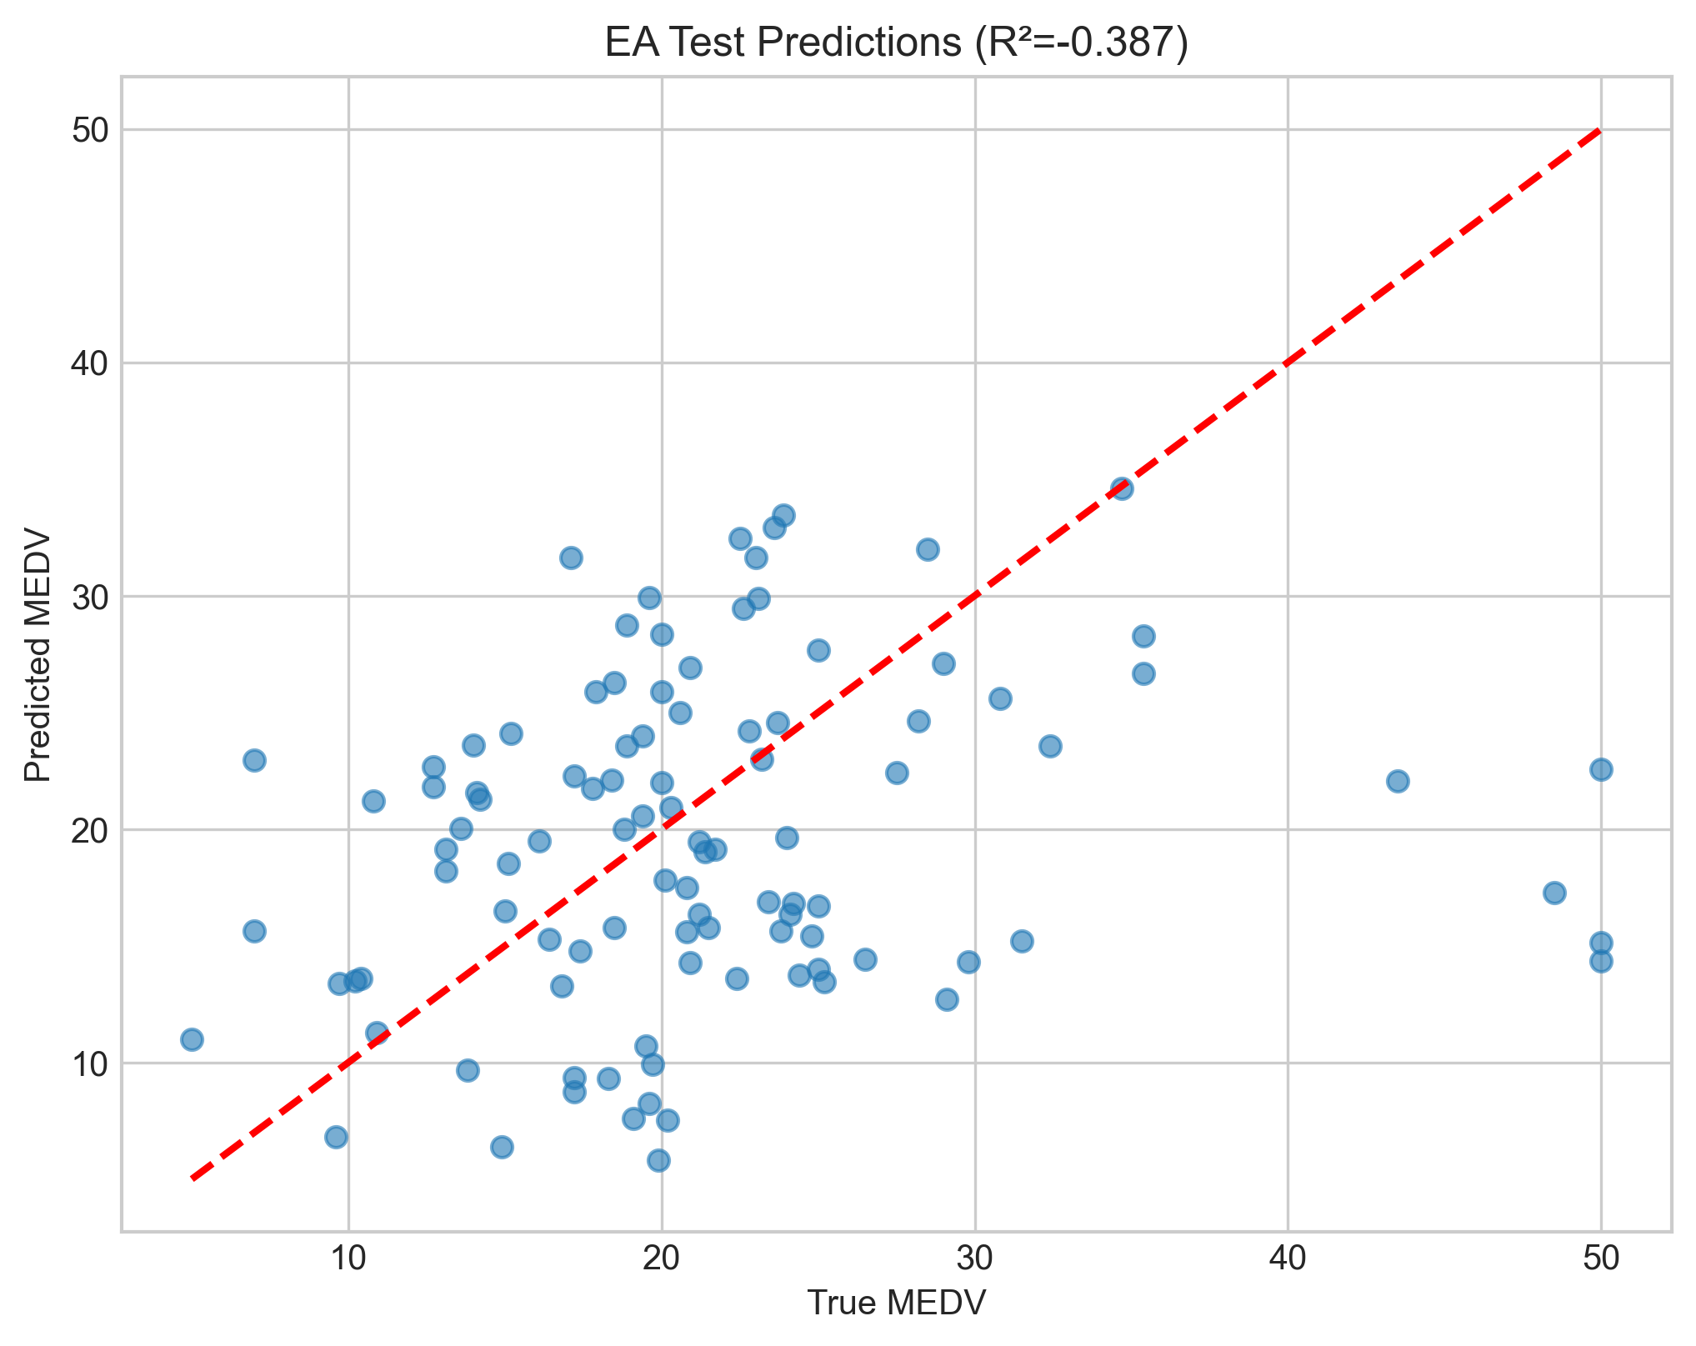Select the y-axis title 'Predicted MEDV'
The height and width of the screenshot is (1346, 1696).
coord(38,653)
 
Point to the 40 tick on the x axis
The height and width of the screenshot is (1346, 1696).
coord(1288,1258)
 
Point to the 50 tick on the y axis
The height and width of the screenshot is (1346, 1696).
coord(90,130)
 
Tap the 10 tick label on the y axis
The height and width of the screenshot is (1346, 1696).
coord(90,1063)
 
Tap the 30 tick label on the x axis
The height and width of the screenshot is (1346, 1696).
coord(974,1258)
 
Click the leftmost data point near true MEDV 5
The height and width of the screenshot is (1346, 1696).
coord(192,1039)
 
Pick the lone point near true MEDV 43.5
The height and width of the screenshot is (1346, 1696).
coord(1398,781)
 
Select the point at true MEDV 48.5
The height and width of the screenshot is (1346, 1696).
coord(1554,893)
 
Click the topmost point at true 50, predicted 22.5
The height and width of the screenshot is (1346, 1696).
coord(1601,769)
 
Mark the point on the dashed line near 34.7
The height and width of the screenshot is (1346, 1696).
coord(1122,488)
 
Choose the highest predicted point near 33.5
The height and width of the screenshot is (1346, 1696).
coord(783,515)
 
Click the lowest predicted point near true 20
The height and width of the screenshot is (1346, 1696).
coord(658,1160)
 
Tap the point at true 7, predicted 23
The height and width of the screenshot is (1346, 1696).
coord(254,760)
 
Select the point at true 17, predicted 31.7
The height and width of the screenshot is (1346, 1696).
coord(571,558)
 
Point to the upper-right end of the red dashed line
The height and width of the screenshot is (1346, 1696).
coord(1599,131)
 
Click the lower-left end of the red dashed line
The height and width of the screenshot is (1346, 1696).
coord(193,1178)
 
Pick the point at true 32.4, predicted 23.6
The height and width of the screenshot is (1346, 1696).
coord(1050,746)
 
